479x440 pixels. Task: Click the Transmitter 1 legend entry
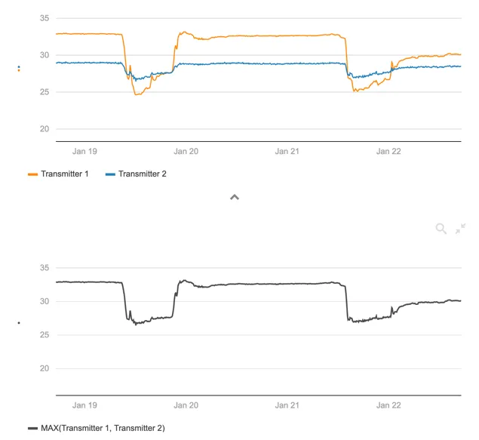coord(65,174)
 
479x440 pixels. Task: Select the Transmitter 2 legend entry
coord(142,174)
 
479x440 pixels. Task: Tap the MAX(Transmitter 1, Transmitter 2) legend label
coord(103,428)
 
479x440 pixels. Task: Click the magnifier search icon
coord(441,229)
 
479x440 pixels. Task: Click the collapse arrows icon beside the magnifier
coord(460,229)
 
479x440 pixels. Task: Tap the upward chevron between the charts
coord(235,197)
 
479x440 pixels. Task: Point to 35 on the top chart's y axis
coord(44,19)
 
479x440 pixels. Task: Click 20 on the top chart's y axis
coord(44,129)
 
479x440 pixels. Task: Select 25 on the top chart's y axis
coord(44,92)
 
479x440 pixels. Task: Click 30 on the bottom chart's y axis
coord(44,302)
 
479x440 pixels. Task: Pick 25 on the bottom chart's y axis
coord(44,335)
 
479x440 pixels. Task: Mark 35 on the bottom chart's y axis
coord(44,268)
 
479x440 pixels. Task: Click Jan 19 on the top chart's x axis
coord(84,152)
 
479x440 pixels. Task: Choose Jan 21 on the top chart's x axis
coord(287,152)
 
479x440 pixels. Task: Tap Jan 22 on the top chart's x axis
coord(388,152)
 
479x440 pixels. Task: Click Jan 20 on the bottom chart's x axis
coord(186,405)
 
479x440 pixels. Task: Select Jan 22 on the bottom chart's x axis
coord(388,405)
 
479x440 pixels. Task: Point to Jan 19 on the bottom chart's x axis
coord(84,405)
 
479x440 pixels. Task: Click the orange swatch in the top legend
coord(32,174)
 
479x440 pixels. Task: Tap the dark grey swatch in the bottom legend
coord(32,428)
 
